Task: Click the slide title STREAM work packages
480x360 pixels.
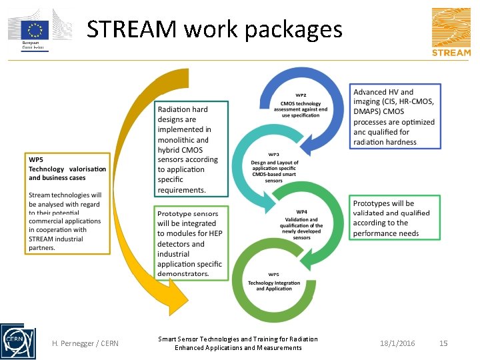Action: click(214, 30)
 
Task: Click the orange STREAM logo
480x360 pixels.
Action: click(451, 32)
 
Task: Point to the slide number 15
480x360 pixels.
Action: click(443, 343)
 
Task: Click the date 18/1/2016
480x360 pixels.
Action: click(397, 343)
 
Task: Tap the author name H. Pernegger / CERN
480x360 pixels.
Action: click(85, 343)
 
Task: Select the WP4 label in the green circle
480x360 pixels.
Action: click(301, 212)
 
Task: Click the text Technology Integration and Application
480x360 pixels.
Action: click(274, 286)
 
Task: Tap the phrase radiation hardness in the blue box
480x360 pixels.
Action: click(385, 142)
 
